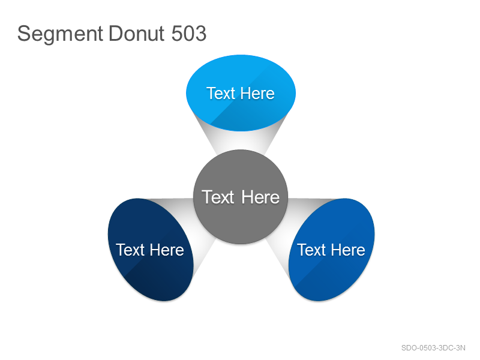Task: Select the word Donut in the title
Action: pos(137,34)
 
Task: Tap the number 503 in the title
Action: pos(189,34)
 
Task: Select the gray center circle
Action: pos(241,197)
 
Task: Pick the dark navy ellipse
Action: pos(151,250)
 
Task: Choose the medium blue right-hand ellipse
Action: pos(332,250)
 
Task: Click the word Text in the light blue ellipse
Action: pos(221,94)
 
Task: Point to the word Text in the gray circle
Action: pos(218,197)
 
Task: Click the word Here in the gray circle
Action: pos(260,197)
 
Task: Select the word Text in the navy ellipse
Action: pos(130,250)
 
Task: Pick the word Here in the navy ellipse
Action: pos(167,250)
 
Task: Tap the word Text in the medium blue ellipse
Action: pos(311,250)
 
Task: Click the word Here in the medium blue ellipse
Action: pos(348,250)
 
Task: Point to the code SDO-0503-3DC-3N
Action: pos(433,348)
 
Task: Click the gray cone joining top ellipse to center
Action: pos(241,139)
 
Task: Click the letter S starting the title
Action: pos(24,34)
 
